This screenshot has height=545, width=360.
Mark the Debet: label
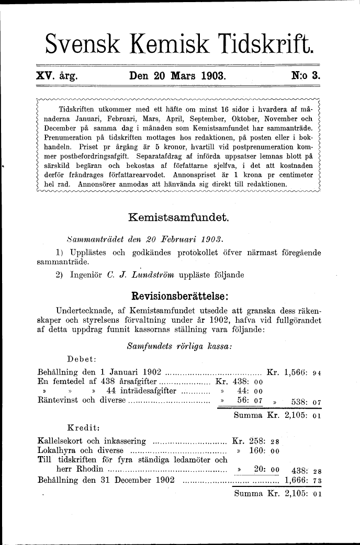81,359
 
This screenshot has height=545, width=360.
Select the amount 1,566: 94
302,372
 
